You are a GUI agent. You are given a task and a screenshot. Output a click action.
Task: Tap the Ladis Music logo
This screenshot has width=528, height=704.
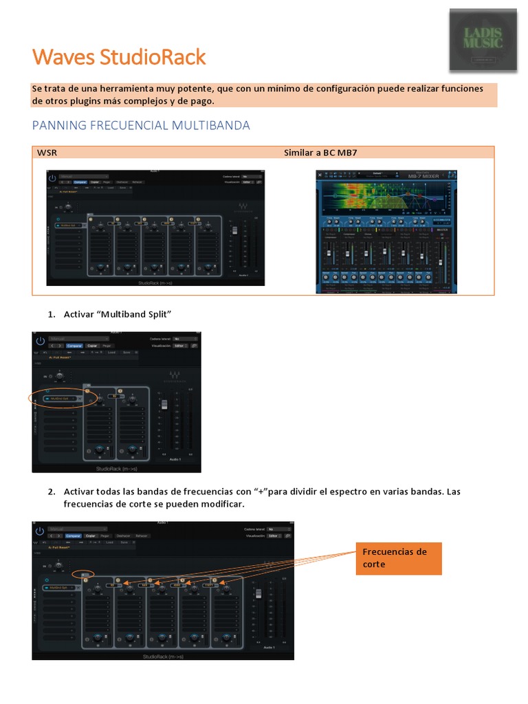click(x=483, y=39)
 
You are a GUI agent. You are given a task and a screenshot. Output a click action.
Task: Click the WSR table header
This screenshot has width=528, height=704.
click(x=47, y=153)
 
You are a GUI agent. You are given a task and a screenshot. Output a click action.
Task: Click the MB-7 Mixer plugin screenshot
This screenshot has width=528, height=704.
click(x=386, y=232)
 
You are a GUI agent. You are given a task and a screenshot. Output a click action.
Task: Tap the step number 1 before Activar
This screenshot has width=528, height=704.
click(x=51, y=314)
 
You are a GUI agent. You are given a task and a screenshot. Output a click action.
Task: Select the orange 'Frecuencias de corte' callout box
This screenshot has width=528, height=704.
click(x=398, y=558)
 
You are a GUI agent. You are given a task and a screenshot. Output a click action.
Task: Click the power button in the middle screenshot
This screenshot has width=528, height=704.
click(x=40, y=340)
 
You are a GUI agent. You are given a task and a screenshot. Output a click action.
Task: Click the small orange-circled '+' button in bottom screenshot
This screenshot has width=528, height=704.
click(x=83, y=574)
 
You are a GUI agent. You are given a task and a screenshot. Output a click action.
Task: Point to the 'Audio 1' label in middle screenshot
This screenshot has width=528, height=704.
click(x=174, y=459)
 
